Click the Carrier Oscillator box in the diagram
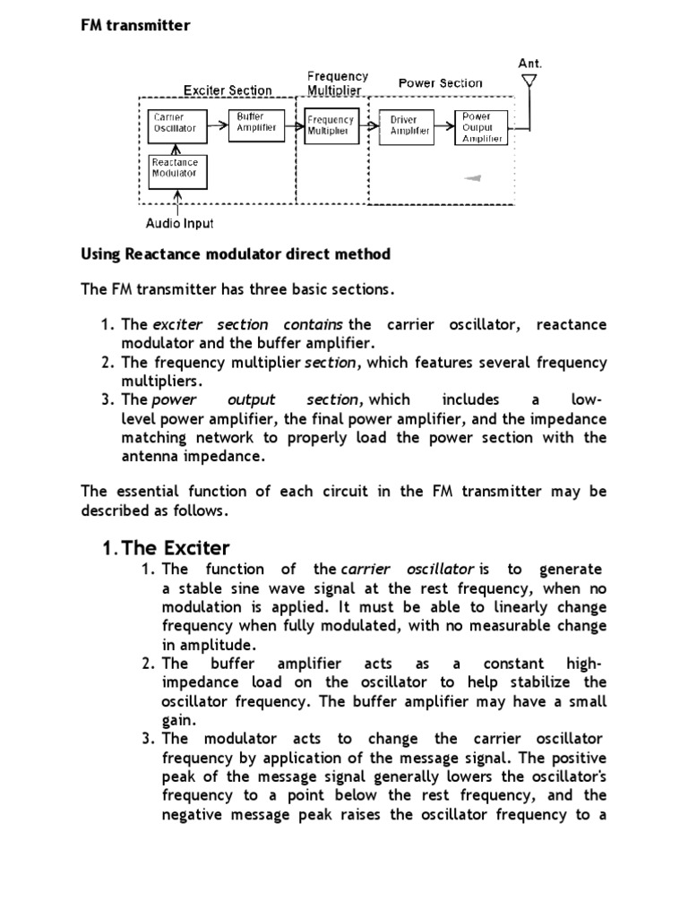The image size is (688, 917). (177, 127)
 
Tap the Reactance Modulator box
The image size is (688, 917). (177, 169)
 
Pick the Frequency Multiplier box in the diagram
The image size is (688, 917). (331, 125)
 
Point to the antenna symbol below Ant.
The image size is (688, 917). (529, 83)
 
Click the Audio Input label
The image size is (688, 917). (179, 223)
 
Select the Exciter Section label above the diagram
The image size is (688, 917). (228, 90)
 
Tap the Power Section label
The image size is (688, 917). (440, 83)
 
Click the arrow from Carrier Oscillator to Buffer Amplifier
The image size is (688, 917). (218, 126)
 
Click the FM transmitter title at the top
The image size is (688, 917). (135, 25)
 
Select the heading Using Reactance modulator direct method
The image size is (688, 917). (236, 254)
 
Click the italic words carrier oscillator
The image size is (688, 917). (408, 570)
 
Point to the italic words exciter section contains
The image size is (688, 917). (248, 324)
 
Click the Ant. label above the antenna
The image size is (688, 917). (530, 64)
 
